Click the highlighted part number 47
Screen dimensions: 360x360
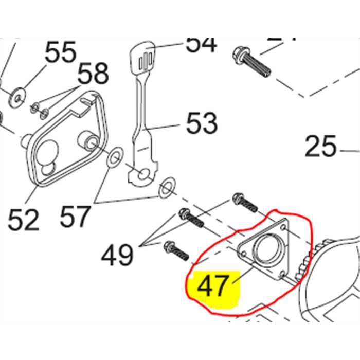[212, 285]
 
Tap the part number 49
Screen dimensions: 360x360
[117, 254]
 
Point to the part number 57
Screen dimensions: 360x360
[76, 216]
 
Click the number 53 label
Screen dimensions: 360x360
[201, 123]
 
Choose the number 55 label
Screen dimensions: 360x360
[60, 53]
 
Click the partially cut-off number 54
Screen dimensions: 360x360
[201, 43]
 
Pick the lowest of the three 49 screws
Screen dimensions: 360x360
[175, 251]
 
